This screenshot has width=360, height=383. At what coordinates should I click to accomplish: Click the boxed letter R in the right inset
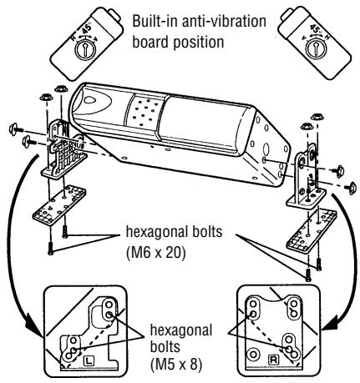272,359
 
